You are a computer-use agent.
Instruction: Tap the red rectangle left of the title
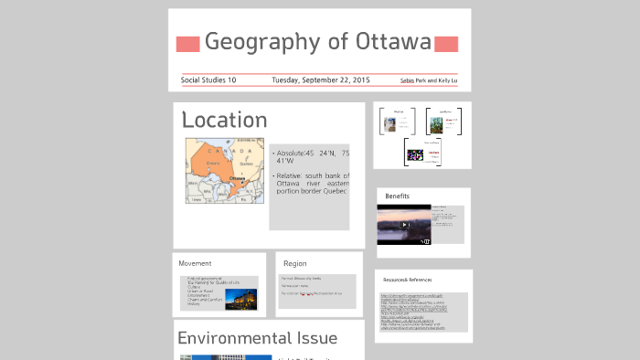pyautogui.click(x=187, y=45)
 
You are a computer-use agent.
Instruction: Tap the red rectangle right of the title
pyautogui.click(x=446, y=45)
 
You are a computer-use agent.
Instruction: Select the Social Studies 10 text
pyautogui.click(x=208, y=80)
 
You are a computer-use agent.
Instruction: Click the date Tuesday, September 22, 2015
pyautogui.click(x=320, y=80)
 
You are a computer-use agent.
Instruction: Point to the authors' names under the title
pyautogui.click(x=429, y=80)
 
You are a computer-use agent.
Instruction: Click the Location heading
pyautogui.click(x=224, y=120)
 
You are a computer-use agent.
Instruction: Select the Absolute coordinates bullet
pyautogui.click(x=311, y=157)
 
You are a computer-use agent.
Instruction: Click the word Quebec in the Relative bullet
pyautogui.click(x=333, y=191)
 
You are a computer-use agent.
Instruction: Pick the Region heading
pyautogui.click(x=294, y=263)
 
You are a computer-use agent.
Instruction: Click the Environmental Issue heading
pyautogui.click(x=257, y=338)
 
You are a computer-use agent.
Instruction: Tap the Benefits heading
pyautogui.click(x=397, y=196)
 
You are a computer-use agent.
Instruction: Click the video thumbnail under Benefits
pyautogui.click(x=403, y=226)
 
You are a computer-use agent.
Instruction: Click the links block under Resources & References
pyautogui.click(x=423, y=312)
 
